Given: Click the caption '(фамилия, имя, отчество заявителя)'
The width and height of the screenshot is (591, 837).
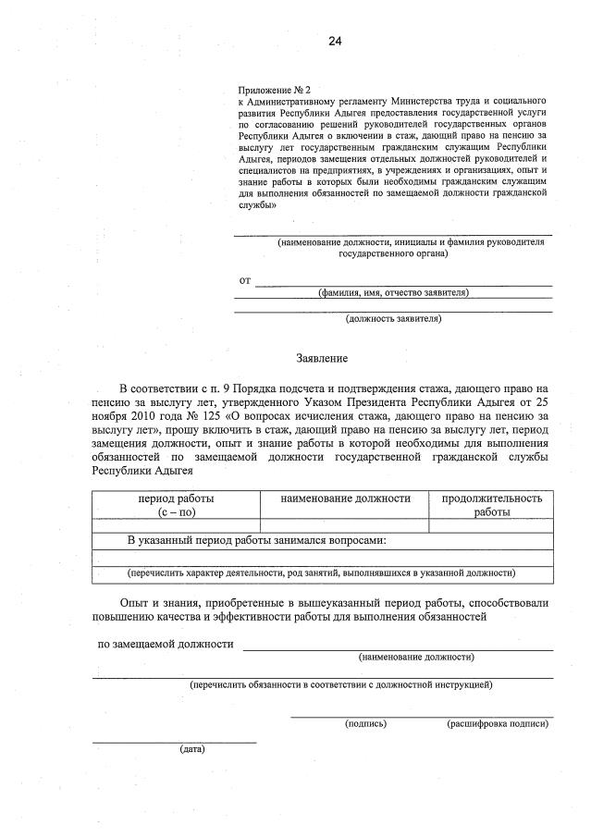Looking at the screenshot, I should pos(393,293).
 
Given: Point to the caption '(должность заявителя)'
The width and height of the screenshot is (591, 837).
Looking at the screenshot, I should pos(393,319).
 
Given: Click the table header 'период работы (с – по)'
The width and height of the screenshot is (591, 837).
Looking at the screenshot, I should pos(176,505).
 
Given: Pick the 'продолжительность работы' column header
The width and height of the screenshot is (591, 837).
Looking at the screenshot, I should pos(491,505).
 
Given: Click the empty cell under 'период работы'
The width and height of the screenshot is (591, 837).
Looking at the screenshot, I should pos(176,525).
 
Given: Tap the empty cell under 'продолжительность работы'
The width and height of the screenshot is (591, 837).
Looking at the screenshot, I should pos(491,525).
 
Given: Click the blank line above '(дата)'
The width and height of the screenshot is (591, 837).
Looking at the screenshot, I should pos(174,741).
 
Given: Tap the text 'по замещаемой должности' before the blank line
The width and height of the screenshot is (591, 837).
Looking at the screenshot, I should pos(166,644).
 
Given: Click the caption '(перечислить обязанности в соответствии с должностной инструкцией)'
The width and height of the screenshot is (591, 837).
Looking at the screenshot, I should pos(341,685).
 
